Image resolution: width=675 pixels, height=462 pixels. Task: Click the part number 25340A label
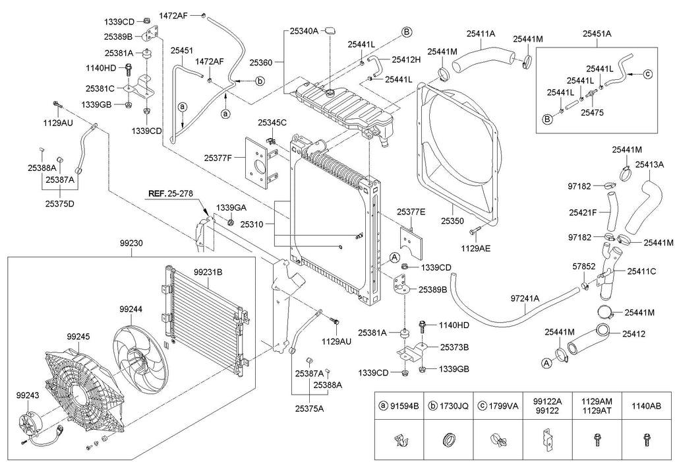click(304, 31)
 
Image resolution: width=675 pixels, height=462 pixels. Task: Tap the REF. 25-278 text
click(170, 194)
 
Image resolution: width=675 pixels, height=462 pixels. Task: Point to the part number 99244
click(131, 308)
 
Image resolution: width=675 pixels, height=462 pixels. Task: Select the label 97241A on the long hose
click(525, 299)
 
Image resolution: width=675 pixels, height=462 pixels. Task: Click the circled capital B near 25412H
click(407, 32)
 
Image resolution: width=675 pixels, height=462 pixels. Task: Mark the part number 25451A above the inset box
click(596, 34)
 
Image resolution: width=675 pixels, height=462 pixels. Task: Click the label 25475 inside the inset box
click(592, 113)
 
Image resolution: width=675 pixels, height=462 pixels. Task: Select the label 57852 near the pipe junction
click(583, 265)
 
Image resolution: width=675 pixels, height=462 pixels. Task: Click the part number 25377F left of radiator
click(218, 158)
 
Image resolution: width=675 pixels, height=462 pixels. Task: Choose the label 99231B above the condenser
click(208, 272)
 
